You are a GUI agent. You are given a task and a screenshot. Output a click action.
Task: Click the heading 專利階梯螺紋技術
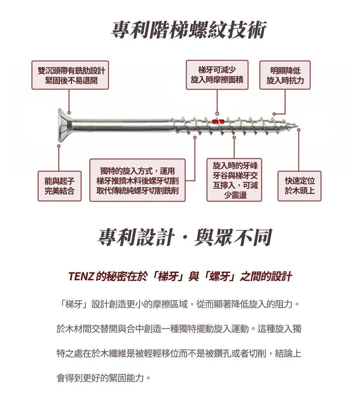(189, 30)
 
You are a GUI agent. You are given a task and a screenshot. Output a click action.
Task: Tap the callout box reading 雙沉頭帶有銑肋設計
(70, 75)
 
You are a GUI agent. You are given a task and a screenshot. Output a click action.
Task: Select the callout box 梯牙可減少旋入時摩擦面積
(217, 75)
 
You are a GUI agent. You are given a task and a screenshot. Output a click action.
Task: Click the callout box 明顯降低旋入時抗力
(285, 75)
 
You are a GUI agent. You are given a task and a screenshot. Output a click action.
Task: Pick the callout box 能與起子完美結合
(59, 186)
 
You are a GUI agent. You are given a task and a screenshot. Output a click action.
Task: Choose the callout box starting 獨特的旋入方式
(137, 180)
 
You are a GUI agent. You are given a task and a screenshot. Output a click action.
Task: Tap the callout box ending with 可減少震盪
(234, 180)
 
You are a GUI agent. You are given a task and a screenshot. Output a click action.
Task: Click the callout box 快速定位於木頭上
(300, 186)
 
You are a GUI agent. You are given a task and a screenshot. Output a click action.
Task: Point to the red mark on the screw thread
(218, 121)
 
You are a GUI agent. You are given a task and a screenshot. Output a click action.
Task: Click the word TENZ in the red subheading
(81, 276)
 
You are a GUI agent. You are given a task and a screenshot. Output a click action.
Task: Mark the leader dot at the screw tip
(299, 129)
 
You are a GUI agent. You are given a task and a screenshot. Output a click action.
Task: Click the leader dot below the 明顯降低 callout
(274, 114)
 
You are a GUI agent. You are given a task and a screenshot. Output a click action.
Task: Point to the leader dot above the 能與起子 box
(59, 146)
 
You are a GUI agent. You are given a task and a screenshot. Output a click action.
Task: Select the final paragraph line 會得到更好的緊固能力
(103, 378)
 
